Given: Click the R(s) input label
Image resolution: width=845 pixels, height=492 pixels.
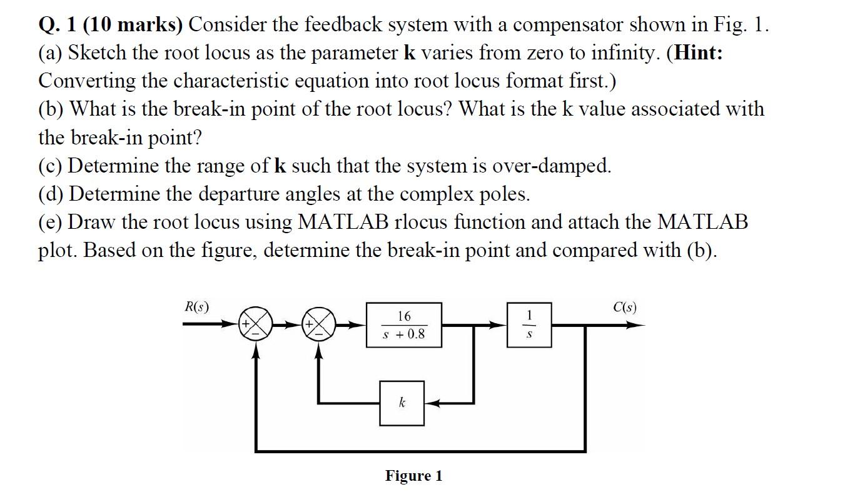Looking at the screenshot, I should click(197, 307).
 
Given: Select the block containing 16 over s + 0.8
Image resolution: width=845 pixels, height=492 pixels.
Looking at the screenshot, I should click(403, 325).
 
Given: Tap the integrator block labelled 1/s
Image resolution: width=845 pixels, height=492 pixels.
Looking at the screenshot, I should click(529, 325).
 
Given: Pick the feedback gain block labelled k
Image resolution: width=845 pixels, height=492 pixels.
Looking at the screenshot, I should click(402, 403).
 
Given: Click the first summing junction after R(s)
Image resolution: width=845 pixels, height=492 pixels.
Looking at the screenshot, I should click(255, 325).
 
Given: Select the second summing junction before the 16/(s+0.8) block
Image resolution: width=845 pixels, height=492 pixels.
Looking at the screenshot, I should click(320, 325).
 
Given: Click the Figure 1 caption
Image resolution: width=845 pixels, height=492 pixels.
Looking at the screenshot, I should click(413, 476).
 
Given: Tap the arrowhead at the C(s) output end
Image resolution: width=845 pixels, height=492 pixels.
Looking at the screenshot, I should click(638, 325).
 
